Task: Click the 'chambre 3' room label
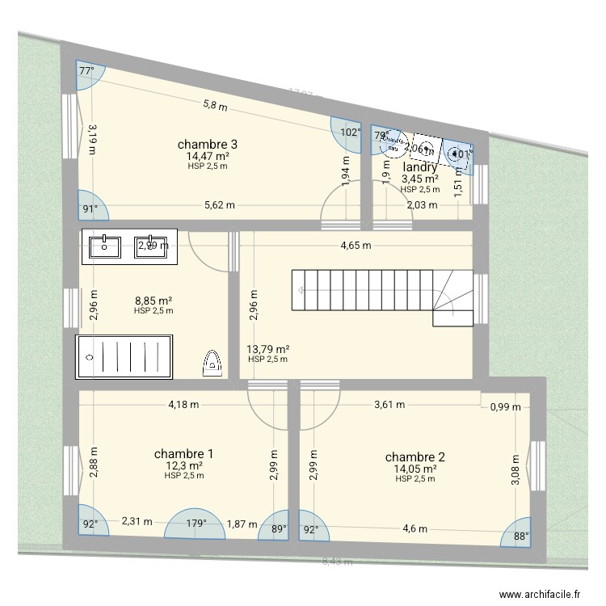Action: pyautogui.click(x=207, y=145)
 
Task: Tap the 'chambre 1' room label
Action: pyautogui.click(x=183, y=453)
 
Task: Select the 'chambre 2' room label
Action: pyautogui.click(x=415, y=457)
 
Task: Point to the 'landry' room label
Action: pyautogui.click(x=419, y=167)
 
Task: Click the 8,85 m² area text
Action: pyautogui.click(x=154, y=300)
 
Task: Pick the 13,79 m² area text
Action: pyautogui.click(x=267, y=349)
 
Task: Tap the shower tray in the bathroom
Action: pyautogui.click(x=124, y=357)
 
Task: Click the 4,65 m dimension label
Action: pyautogui.click(x=356, y=246)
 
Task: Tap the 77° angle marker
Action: pyautogui.click(x=86, y=70)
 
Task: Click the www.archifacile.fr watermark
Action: pyautogui.click(x=540, y=592)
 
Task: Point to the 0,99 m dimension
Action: pyautogui.click(x=506, y=408)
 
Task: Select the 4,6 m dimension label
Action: pyautogui.click(x=415, y=530)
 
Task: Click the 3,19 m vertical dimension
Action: pyautogui.click(x=92, y=139)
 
